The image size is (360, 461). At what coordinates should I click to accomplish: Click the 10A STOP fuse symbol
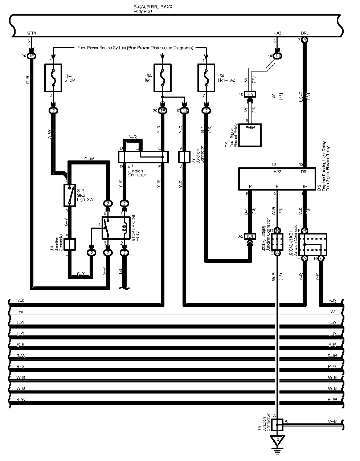(54, 78)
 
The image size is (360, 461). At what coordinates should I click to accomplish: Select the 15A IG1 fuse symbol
(163, 78)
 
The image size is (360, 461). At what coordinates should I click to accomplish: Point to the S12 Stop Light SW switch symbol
(70, 195)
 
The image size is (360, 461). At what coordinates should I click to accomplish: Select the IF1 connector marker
(250, 94)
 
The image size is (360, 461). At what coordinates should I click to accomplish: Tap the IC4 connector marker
(249, 236)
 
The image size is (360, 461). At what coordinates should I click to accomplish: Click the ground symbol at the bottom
(278, 451)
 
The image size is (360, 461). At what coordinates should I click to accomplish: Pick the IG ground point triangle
(278, 440)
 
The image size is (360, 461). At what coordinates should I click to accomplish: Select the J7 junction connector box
(184, 157)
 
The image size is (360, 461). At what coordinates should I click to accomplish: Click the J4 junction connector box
(70, 244)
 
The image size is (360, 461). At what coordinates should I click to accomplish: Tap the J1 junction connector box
(143, 157)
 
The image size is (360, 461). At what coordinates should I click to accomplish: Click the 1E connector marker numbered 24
(32, 56)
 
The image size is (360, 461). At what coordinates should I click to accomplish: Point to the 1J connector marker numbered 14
(278, 56)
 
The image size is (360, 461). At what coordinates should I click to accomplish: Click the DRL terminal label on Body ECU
(304, 33)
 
